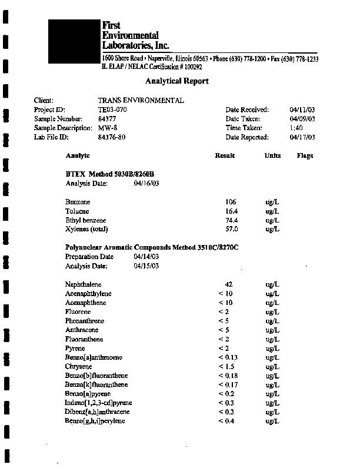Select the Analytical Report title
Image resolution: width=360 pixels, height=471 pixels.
click(x=176, y=81)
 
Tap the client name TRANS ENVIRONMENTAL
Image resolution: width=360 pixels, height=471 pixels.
click(x=141, y=100)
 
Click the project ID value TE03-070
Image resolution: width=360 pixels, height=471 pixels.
click(x=112, y=110)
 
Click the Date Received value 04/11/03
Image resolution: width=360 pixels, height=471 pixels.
click(x=303, y=110)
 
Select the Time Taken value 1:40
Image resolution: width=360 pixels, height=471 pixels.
click(x=296, y=128)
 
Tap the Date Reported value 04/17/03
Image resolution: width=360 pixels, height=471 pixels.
click(x=303, y=137)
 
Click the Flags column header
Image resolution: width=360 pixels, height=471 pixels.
click(x=305, y=155)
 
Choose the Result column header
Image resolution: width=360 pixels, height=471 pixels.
click(x=225, y=155)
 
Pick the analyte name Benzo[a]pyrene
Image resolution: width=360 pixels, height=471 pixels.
click(x=88, y=394)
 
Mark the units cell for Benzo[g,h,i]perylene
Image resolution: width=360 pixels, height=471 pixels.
click(x=272, y=421)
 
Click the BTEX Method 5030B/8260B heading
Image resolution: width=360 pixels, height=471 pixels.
click(x=109, y=174)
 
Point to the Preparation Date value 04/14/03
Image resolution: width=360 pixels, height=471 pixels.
click(x=146, y=257)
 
